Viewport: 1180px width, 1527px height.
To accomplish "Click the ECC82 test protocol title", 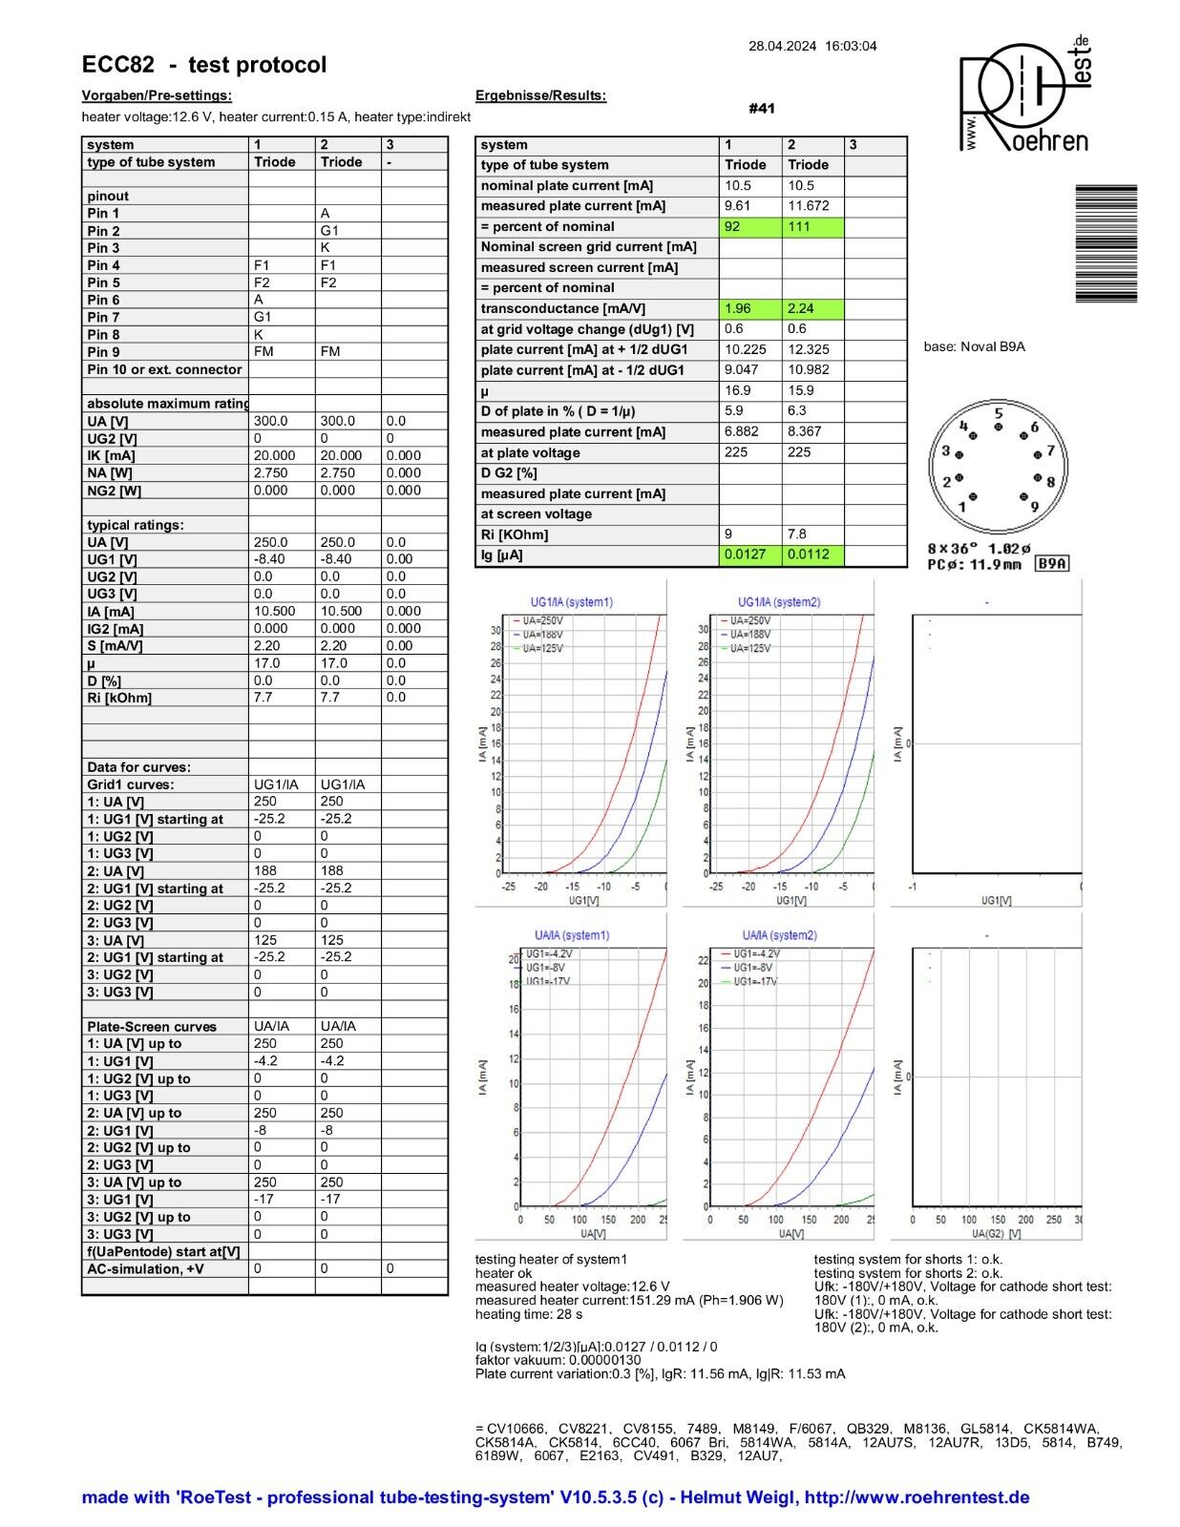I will [203, 65].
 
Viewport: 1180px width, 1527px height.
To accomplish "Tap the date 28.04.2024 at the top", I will [782, 46].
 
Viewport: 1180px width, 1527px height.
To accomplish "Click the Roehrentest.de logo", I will [1023, 95].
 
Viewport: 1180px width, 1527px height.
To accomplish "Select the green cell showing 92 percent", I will [750, 227].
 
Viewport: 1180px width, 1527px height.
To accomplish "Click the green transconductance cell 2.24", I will [813, 308].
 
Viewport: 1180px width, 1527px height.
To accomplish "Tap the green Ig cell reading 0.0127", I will [750, 554].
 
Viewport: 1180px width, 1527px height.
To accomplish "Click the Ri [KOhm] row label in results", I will [515, 534].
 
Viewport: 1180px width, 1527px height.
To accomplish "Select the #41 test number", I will [761, 109].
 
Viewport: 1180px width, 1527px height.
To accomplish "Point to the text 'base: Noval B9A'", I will [974, 346].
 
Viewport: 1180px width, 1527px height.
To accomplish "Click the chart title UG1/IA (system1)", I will [571, 602].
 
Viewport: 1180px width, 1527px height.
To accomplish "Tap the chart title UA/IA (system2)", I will [779, 935].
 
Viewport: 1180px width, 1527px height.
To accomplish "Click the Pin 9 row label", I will [104, 352].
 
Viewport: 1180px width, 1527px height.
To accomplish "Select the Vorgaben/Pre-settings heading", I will [157, 95].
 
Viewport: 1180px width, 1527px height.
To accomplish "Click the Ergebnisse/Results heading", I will [540, 95].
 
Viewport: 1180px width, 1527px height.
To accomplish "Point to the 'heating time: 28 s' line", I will [529, 1314].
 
